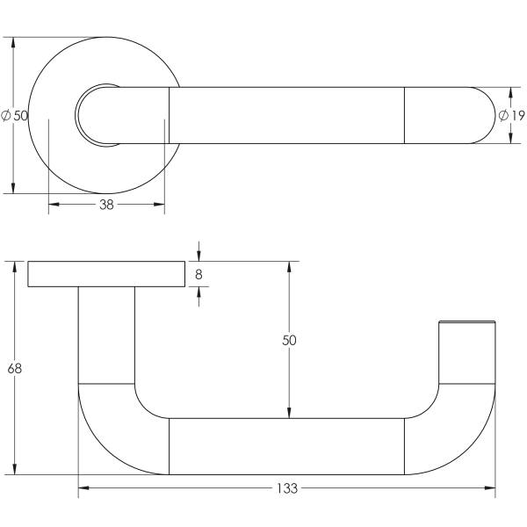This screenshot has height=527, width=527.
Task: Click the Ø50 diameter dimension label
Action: [x=15, y=115]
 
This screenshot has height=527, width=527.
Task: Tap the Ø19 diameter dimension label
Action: [x=511, y=115]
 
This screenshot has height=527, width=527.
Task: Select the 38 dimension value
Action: [x=106, y=205]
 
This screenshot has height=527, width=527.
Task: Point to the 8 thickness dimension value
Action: [x=199, y=274]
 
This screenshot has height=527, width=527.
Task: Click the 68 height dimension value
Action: [x=14, y=368]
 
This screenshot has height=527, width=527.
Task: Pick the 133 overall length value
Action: [x=286, y=488]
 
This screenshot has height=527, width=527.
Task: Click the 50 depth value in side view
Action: [x=288, y=340]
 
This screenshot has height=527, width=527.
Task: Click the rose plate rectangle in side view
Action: [x=106, y=274]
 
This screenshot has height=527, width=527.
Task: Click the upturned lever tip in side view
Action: [x=466, y=351]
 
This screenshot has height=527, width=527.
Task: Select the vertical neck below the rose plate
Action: [x=106, y=334]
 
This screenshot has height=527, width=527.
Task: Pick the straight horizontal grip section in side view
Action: [x=286, y=446]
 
